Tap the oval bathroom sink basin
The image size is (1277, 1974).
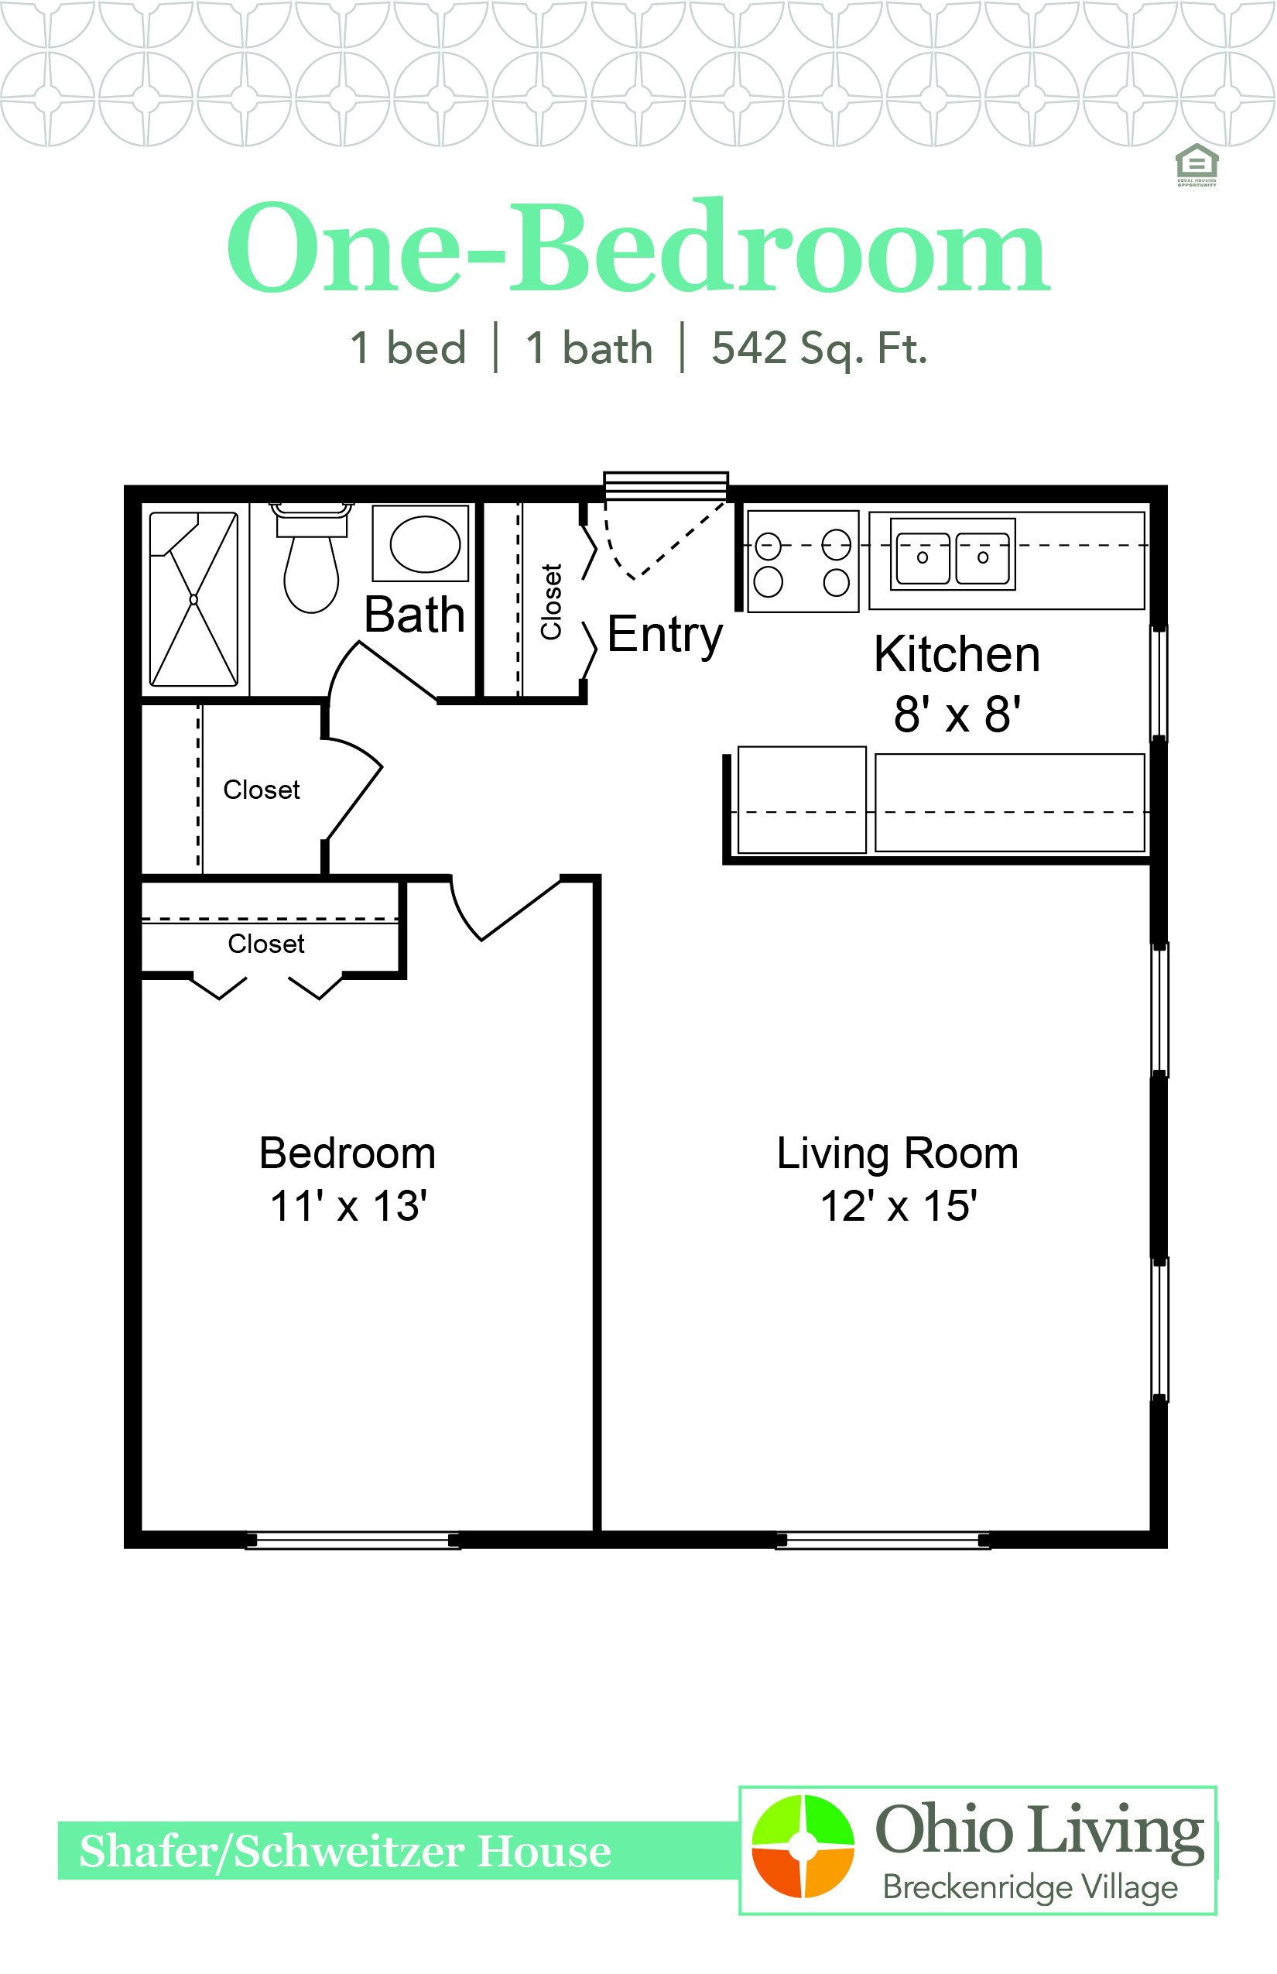(425, 544)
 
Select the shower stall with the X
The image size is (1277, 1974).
(194, 599)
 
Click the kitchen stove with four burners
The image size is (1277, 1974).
(803, 561)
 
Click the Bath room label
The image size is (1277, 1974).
(415, 615)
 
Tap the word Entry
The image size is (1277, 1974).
(665, 636)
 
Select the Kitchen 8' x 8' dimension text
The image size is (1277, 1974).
(957, 684)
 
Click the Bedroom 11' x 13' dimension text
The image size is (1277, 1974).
(347, 1178)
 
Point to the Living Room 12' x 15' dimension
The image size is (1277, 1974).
(897, 1178)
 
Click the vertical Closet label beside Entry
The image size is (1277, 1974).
(551, 601)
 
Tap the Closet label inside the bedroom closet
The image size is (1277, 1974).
(266, 944)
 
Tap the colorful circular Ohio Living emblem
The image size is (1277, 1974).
(803, 1846)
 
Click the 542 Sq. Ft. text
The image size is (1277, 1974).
(820, 348)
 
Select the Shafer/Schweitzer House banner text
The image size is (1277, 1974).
(345, 1851)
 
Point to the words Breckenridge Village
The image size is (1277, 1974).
(1030, 1887)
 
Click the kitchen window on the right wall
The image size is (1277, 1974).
(1159, 683)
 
